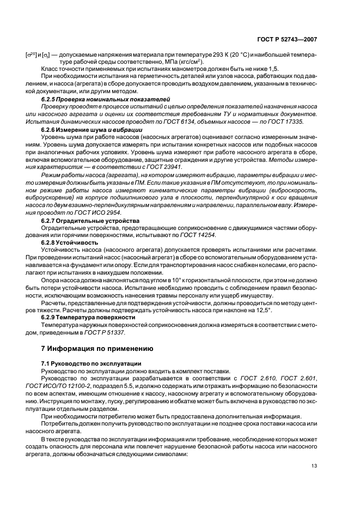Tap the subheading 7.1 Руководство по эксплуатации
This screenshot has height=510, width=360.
coord(91,362)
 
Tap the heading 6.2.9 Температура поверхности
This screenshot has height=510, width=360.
coord(88,317)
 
